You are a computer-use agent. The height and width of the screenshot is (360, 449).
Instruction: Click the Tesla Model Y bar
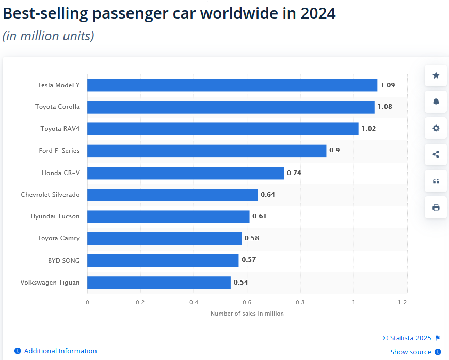coord(232,85)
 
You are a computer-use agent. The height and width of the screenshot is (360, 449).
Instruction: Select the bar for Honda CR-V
coord(185,173)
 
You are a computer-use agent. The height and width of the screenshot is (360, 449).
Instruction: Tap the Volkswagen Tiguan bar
coord(159,283)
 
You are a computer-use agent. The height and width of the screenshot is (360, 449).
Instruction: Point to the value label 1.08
coord(385,107)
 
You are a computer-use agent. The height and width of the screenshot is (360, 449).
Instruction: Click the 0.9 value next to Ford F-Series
coord(334,151)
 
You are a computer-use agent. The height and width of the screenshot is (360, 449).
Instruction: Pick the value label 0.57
coord(249,260)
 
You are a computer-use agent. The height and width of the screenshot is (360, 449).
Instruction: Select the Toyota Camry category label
coord(58,238)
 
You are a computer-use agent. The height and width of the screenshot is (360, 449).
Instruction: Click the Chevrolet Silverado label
coord(50,195)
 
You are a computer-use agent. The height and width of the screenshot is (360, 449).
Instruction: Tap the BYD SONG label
coord(63,260)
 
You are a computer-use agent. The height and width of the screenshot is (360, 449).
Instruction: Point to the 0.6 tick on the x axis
coord(247,302)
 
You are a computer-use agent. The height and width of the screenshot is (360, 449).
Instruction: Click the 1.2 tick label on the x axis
coord(407,302)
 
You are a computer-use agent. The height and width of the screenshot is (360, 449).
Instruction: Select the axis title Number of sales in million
coord(247,314)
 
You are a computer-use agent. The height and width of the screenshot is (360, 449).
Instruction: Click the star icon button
coord(436,75)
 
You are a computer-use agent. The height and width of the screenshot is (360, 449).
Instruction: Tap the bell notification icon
coord(436,102)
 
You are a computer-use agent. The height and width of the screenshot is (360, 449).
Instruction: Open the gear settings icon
coord(436,128)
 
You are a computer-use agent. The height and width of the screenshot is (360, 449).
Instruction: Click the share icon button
coord(436,154)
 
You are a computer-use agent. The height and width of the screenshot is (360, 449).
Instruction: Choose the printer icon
coord(436,208)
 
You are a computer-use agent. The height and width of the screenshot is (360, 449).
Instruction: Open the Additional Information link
coord(60,351)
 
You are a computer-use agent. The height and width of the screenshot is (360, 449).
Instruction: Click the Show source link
coord(410,352)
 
